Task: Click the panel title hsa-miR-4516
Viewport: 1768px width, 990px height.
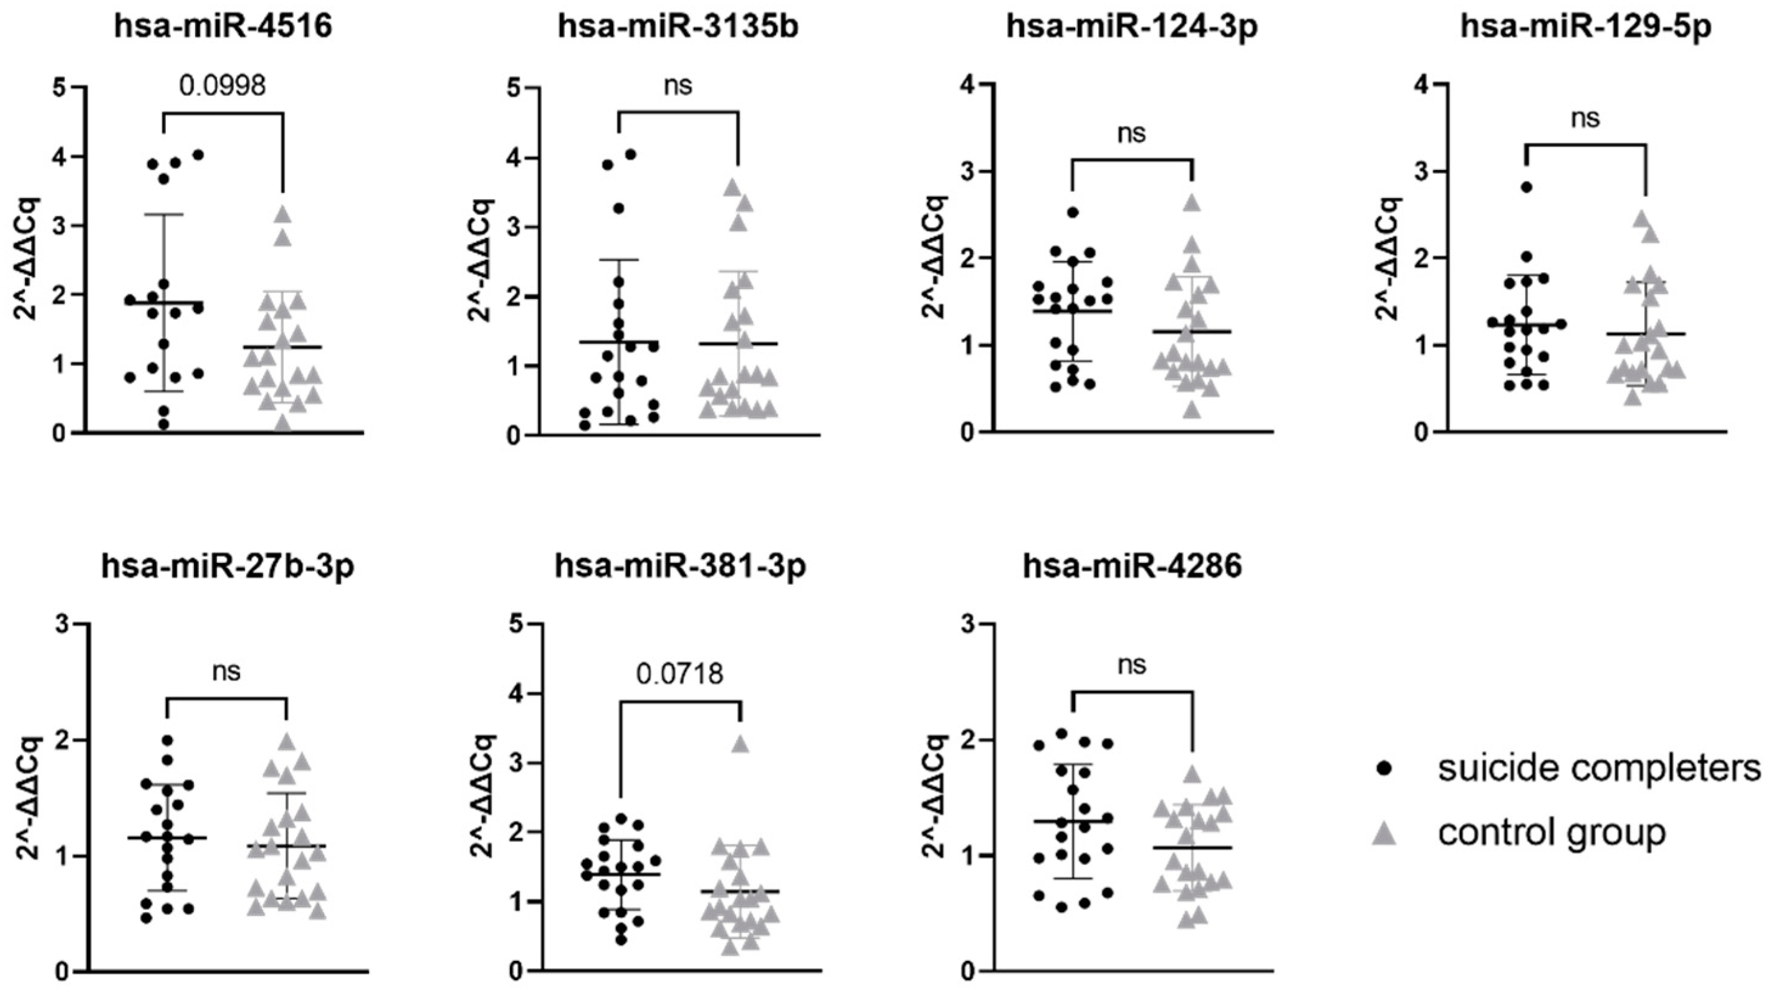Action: (223, 27)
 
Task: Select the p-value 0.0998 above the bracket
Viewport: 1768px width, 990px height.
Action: (222, 86)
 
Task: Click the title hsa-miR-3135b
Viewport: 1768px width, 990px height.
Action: (678, 27)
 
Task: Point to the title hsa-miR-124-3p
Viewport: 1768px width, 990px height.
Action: (1132, 27)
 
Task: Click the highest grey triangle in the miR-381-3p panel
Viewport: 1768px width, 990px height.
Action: (740, 745)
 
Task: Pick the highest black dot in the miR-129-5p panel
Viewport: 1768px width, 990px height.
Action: (1526, 186)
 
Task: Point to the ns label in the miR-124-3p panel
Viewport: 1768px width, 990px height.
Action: (1132, 133)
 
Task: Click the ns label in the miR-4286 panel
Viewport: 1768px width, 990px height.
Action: (1132, 665)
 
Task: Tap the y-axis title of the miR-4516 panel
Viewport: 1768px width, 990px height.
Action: (29, 259)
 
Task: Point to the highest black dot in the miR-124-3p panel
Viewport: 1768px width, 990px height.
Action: (1073, 212)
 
